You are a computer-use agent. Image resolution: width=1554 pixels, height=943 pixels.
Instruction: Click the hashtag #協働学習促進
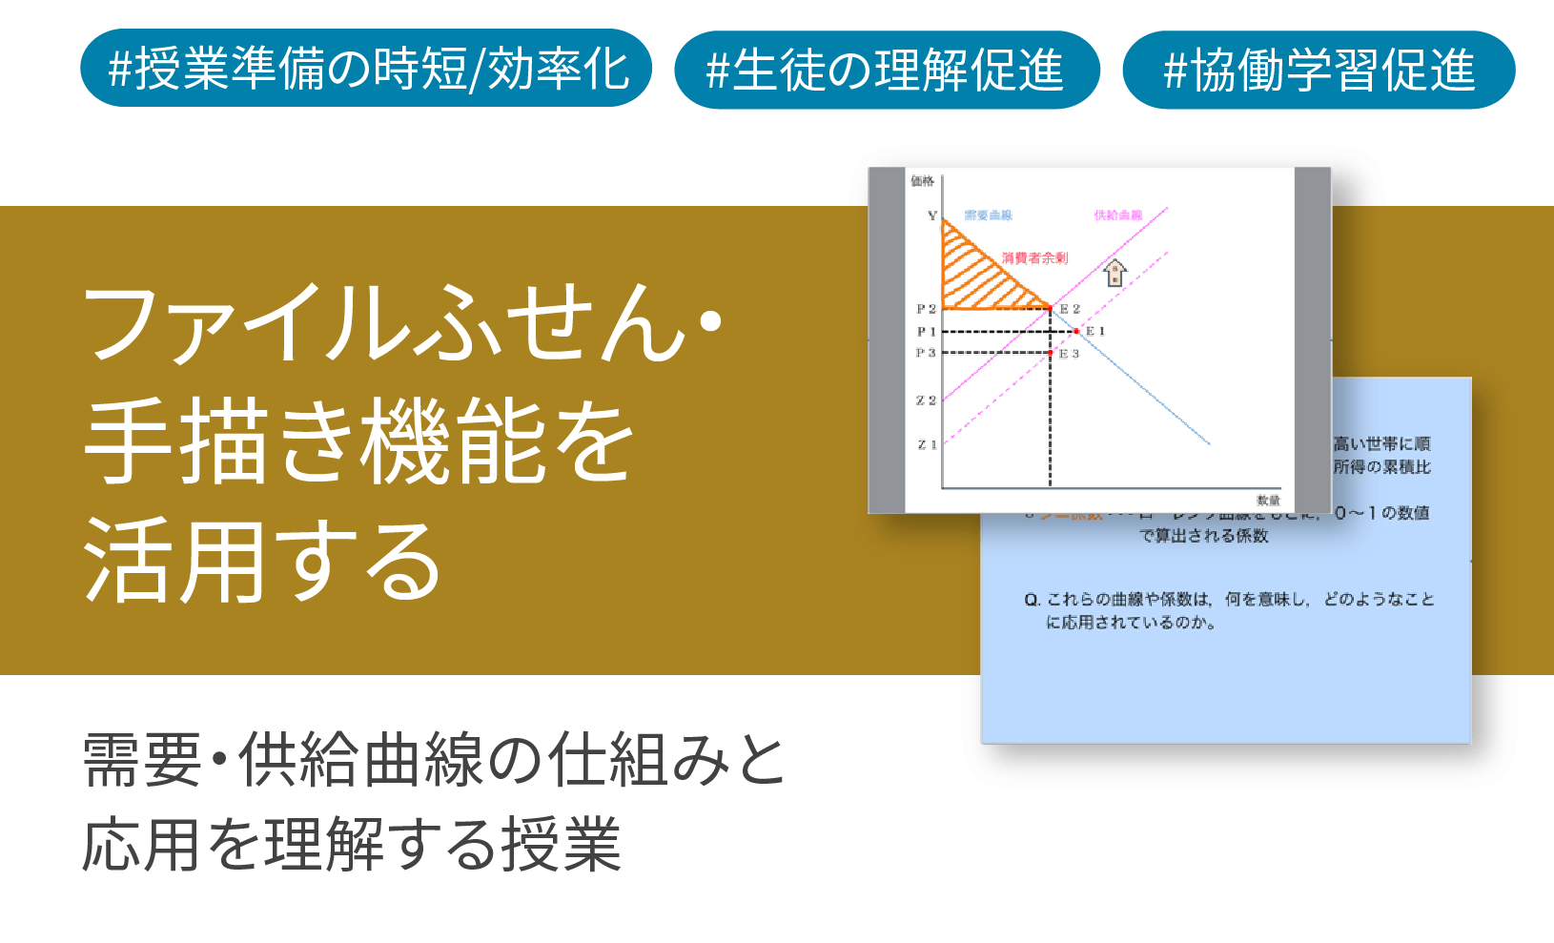(x=1319, y=71)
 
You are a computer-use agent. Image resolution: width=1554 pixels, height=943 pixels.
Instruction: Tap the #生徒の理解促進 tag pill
(x=887, y=71)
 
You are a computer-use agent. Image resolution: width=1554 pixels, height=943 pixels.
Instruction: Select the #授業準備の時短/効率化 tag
(x=366, y=69)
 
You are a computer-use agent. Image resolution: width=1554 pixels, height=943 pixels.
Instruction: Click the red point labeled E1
(x=1076, y=332)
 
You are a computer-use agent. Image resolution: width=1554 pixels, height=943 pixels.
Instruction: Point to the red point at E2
(x=1050, y=308)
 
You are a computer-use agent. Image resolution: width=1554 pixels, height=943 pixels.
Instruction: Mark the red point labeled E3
(x=1050, y=354)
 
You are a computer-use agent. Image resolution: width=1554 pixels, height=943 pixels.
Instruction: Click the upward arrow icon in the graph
(x=1114, y=274)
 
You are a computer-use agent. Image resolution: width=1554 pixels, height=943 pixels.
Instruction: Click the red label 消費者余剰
(x=1034, y=258)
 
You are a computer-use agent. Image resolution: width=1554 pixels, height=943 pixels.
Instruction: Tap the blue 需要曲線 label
(x=988, y=215)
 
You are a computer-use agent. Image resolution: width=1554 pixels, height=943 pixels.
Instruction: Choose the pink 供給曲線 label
(x=1117, y=215)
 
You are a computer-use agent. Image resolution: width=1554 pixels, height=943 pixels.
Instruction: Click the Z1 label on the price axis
(x=927, y=445)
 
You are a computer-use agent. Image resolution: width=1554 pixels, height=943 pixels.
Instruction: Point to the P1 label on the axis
(x=926, y=332)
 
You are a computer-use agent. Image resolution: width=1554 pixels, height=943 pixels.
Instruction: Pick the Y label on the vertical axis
(x=931, y=216)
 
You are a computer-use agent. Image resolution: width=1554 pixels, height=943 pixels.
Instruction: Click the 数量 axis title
(x=1268, y=501)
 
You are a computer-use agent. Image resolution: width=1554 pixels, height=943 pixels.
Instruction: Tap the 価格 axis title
(x=922, y=181)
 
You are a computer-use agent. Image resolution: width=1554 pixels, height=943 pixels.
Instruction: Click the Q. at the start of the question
(x=1032, y=600)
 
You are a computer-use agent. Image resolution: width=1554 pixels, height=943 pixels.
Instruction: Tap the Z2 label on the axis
(x=926, y=400)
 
